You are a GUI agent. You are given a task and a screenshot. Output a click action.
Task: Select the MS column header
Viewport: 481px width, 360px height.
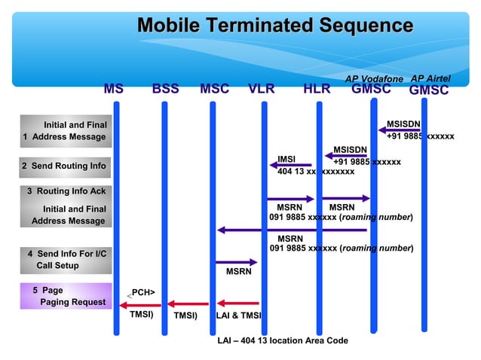114,89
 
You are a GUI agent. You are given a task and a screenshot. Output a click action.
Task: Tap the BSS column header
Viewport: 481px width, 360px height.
165,89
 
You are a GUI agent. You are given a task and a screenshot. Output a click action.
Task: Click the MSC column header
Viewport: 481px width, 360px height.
214,89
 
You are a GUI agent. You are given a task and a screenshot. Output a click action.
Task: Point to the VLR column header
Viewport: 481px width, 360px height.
262,89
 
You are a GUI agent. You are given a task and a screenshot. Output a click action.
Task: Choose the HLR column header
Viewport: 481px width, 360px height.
317,89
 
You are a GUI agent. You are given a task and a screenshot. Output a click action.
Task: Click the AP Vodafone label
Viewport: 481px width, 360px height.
374,79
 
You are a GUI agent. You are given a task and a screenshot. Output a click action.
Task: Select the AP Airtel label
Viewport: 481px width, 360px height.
430,79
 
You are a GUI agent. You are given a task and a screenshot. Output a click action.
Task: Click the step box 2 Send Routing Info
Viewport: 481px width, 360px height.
63,166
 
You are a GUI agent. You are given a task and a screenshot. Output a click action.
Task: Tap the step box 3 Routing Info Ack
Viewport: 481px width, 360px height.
63,191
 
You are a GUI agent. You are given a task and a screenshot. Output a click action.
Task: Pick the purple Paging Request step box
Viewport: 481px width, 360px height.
63,296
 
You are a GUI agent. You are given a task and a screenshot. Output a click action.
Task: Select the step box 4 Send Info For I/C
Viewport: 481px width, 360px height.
63,260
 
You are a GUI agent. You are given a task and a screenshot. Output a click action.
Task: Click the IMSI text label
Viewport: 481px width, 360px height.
286,159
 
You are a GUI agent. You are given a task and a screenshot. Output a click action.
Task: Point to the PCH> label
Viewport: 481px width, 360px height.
143,292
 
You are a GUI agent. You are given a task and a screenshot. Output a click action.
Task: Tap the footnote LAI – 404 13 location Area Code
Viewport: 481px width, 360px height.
283,340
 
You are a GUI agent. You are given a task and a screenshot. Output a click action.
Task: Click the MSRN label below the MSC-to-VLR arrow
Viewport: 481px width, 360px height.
238,272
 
